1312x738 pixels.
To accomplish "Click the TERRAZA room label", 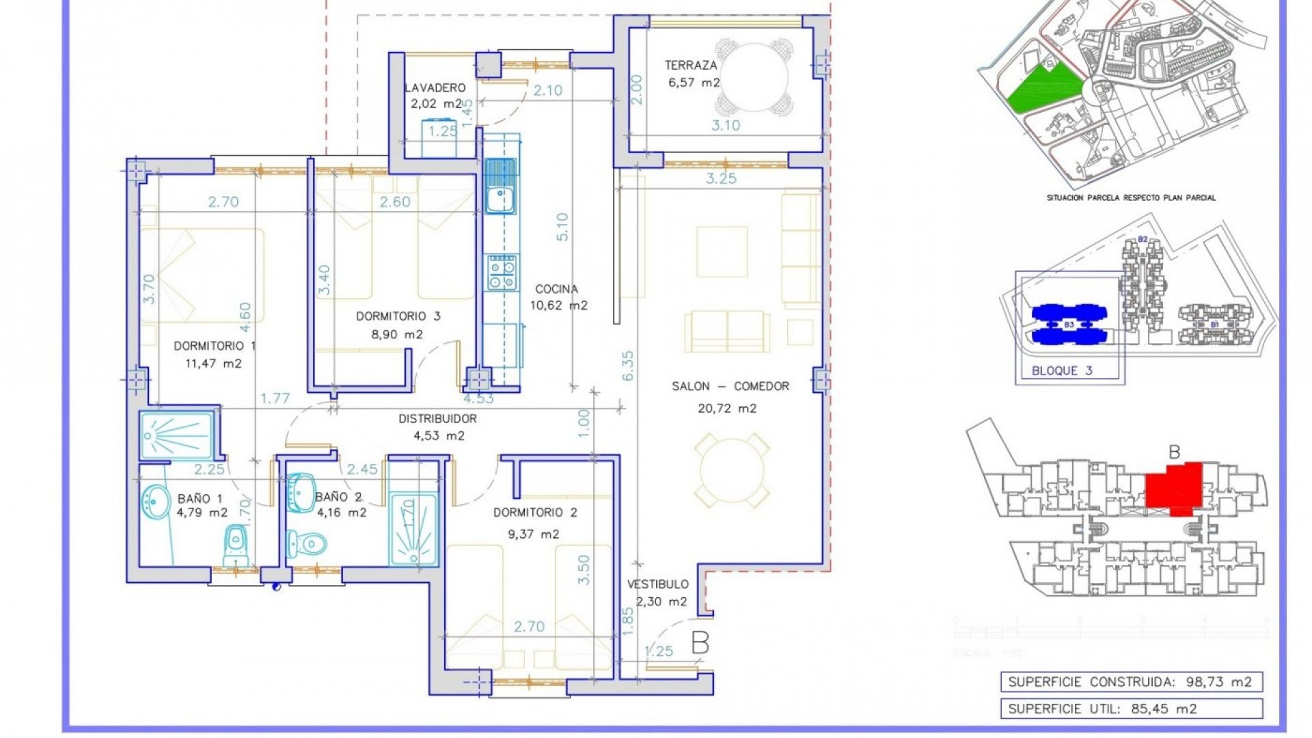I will pyautogui.click(x=691, y=66).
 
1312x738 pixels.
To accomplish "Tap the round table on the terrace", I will pyautogui.click(x=754, y=77).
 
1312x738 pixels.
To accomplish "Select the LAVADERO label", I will pyautogui.click(x=435, y=88).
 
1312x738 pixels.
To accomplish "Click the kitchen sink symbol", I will pyautogui.click(x=500, y=186).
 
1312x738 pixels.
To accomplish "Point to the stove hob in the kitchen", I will pyautogui.click(x=502, y=273).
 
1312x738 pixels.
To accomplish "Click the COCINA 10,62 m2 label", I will pyautogui.click(x=558, y=297).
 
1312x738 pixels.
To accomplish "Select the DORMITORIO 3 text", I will pyautogui.click(x=398, y=316).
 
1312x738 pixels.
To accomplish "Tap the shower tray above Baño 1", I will pyautogui.click(x=176, y=435).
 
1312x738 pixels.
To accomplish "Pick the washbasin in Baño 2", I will pyautogui.click(x=301, y=492).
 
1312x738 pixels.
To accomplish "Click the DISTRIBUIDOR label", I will pyautogui.click(x=437, y=419).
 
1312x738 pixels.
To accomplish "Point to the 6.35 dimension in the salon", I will pyautogui.click(x=628, y=366).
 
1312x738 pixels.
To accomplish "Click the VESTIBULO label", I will pyautogui.click(x=657, y=584).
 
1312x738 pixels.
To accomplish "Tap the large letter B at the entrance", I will pyautogui.click(x=700, y=643).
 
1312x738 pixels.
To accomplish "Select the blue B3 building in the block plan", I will pyautogui.click(x=1069, y=325).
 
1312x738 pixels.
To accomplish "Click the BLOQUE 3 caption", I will pyautogui.click(x=1062, y=370).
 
